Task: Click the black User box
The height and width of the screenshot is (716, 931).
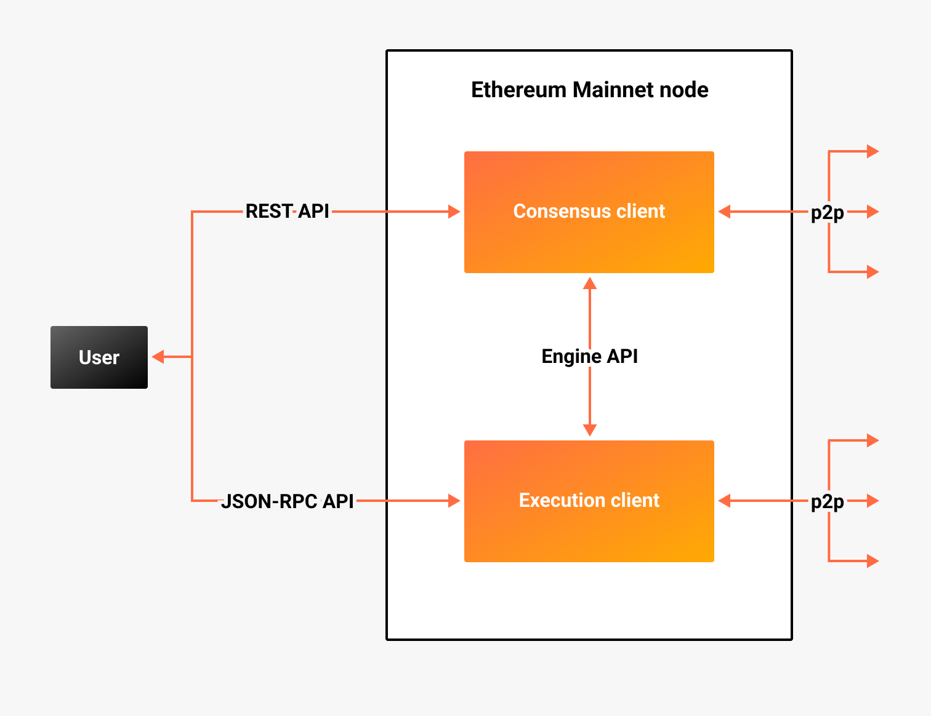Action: click(99, 357)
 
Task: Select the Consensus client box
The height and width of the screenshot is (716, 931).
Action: click(589, 212)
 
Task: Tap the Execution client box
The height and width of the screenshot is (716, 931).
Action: click(589, 501)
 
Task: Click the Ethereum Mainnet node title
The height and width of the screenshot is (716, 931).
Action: click(589, 90)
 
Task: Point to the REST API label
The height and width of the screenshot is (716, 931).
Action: click(287, 212)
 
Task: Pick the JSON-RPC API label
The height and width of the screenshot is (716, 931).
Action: click(287, 501)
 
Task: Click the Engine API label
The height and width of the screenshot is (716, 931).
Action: click(589, 356)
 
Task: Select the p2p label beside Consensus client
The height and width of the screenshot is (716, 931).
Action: click(827, 212)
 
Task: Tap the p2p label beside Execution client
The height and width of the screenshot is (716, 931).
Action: click(827, 502)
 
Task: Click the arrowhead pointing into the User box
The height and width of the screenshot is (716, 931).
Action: click(158, 357)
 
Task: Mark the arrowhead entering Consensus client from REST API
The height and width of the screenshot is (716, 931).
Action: click(454, 212)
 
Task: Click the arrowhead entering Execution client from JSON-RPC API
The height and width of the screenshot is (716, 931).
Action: click(454, 501)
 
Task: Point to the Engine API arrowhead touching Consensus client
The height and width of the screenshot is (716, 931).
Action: click(590, 283)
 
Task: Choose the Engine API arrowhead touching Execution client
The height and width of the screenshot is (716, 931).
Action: click(590, 430)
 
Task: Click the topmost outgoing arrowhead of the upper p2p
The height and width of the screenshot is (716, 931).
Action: click(873, 151)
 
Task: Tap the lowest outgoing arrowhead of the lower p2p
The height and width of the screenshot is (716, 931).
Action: click(873, 561)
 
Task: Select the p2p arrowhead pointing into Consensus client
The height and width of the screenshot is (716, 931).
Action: click(725, 212)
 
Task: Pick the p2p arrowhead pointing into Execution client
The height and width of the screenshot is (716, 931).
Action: click(725, 501)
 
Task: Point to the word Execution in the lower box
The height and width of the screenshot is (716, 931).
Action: click(558, 501)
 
